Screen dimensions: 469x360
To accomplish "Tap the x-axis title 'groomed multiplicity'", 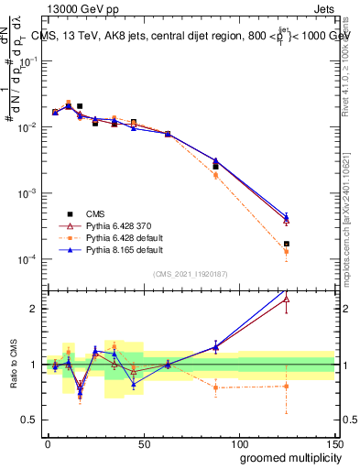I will coord(288,457).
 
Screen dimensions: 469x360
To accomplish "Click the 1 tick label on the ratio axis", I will coord(35,365).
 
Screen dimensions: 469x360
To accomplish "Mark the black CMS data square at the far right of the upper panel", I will coord(287,244).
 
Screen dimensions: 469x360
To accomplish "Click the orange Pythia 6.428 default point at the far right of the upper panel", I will coord(287,251).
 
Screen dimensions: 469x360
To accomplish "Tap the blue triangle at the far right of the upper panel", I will coord(287,216).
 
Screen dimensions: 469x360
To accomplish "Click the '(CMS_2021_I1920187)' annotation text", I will coord(190,273).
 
